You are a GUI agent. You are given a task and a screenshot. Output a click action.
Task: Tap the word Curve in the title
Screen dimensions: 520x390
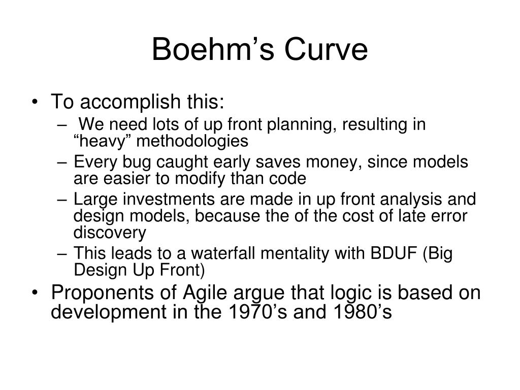click(x=326, y=49)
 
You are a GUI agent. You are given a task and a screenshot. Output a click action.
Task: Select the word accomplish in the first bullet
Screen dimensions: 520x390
click(x=130, y=102)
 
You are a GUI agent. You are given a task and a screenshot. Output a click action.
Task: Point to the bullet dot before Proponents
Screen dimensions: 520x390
click(x=35, y=293)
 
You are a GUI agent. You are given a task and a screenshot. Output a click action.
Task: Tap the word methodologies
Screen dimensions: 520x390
click(x=192, y=141)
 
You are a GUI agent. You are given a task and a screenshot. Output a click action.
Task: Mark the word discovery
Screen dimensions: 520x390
click(x=110, y=233)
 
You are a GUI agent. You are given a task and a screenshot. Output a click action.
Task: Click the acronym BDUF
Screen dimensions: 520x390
click(x=394, y=253)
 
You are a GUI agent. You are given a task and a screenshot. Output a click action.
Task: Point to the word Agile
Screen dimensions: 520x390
click(x=205, y=293)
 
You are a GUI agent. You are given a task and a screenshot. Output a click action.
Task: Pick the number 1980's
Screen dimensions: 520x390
click(x=363, y=312)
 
